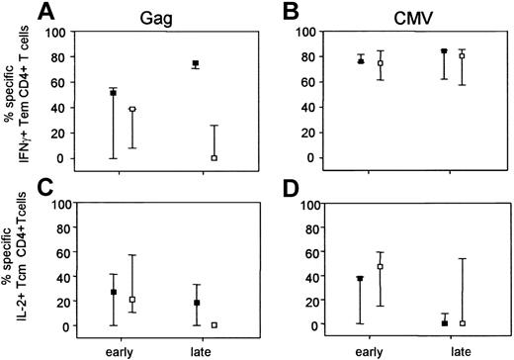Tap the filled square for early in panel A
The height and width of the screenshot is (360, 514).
[x=114, y=93]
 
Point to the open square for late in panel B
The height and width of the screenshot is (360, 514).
[x=462, y=56]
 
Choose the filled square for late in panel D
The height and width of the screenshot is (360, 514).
[x=445, y=323]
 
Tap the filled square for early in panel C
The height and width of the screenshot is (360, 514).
[x=114, y=292]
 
